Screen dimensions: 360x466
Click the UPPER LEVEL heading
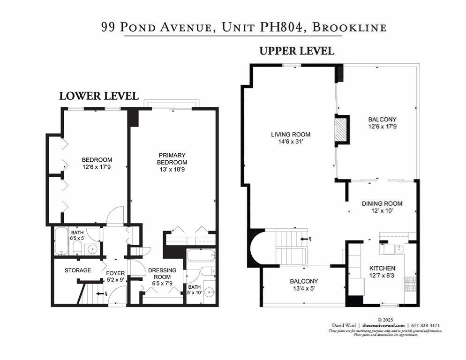(x=297, y=51)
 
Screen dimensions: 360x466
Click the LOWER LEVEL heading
(x=99, y=96)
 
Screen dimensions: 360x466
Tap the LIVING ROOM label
(x=290, y=135)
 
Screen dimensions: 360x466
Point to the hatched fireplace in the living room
(x=341, y=128)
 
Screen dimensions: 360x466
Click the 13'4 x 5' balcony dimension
(x=304, y=289)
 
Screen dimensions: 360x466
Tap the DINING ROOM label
(x=382, y=203)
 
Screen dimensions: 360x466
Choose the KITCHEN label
(x=382, y=268)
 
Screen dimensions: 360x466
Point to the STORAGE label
(x=78, y=270)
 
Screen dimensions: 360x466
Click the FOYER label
(x=115, y=273)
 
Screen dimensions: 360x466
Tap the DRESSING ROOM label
(x=162, y=274)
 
